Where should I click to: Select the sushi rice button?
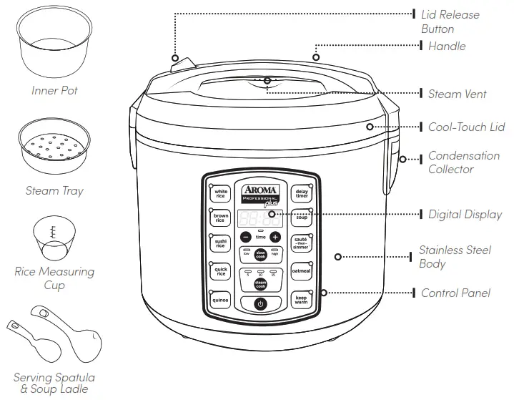[221, 244]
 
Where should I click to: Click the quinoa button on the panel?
[220, 300]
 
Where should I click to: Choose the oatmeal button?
[301, 271]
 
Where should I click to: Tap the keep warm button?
[301, 300]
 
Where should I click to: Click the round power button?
[260, 303]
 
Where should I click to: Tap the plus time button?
[276, 237]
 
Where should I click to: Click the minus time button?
[245, 237]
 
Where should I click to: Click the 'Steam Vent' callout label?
[457, 94]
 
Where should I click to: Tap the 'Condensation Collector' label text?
[463, 162]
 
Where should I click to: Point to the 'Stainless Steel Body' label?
[455, 257]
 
